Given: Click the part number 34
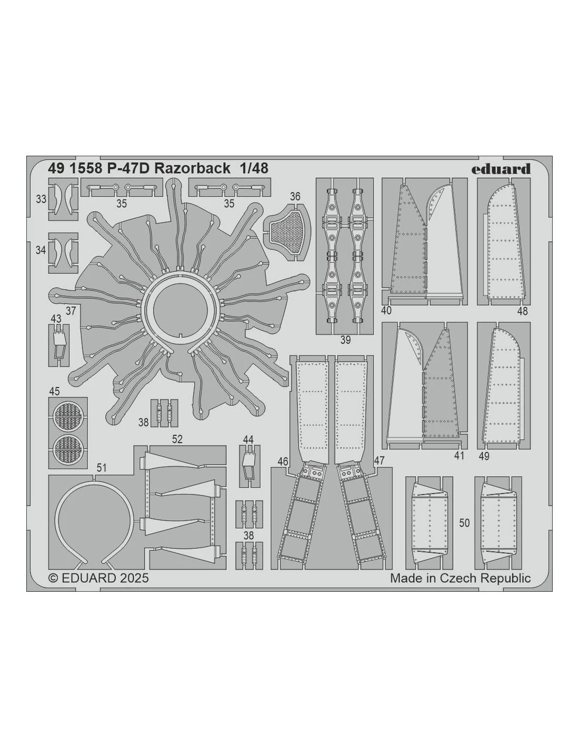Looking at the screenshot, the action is point(41,250).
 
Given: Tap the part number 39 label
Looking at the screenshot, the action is point(345,340).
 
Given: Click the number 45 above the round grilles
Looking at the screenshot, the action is point(54,391).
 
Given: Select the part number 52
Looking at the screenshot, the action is point(177,439).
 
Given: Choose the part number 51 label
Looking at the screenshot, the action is point(101,468).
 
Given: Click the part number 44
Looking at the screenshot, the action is point(248,440).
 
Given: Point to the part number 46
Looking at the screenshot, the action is point(283,462).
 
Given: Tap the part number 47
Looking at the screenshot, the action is point(379,461).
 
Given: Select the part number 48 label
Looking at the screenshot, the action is point(522,311).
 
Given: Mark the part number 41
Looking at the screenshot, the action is point(459,456).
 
